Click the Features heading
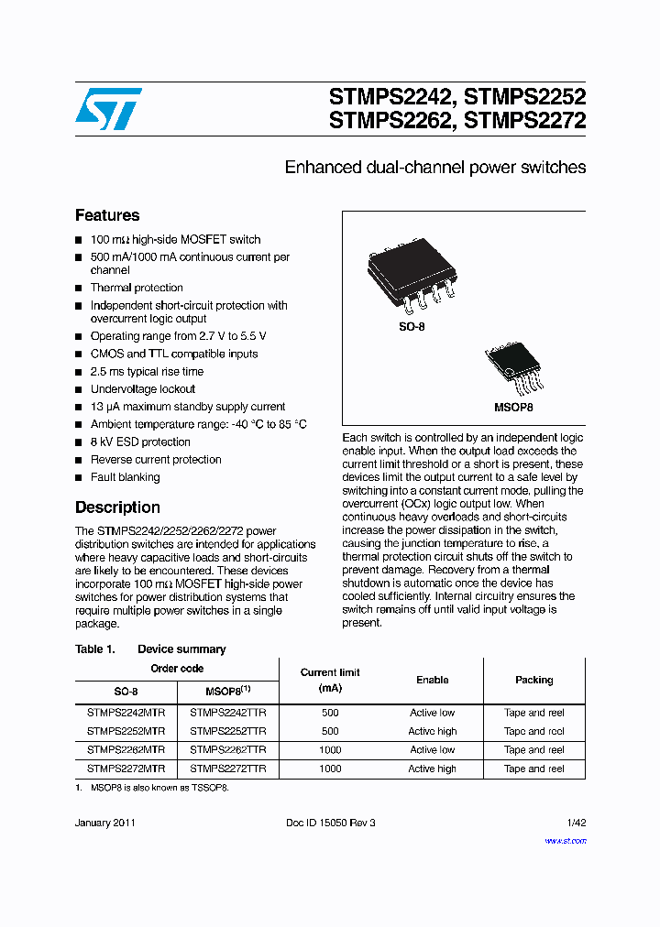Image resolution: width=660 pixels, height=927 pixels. (107, 216)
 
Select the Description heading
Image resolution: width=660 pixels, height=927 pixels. (117, 507)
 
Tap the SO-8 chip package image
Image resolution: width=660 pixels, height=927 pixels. (411, 270)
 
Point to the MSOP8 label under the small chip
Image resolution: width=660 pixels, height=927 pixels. (514, 408)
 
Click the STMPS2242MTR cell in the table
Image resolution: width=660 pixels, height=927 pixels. (126, 713)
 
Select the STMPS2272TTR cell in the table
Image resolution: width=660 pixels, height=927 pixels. (227, 769)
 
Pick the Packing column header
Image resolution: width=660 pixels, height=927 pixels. (533, 681)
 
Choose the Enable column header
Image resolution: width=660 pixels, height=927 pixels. (432, 681)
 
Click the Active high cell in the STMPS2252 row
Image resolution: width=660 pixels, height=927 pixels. (432, 732)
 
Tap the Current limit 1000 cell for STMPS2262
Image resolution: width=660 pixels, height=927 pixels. (330, 750)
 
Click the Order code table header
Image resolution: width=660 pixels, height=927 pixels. (177, 669)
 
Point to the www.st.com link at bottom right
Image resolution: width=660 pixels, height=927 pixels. (565, 840)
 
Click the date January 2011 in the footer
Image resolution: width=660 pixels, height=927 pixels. (105, 823)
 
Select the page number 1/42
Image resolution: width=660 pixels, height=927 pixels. (575, 823)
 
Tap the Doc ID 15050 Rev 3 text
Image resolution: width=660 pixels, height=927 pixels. (331, 823)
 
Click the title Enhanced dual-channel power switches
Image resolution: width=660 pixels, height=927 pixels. (434, 168)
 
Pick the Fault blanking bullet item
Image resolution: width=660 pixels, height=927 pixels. (125, 477)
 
